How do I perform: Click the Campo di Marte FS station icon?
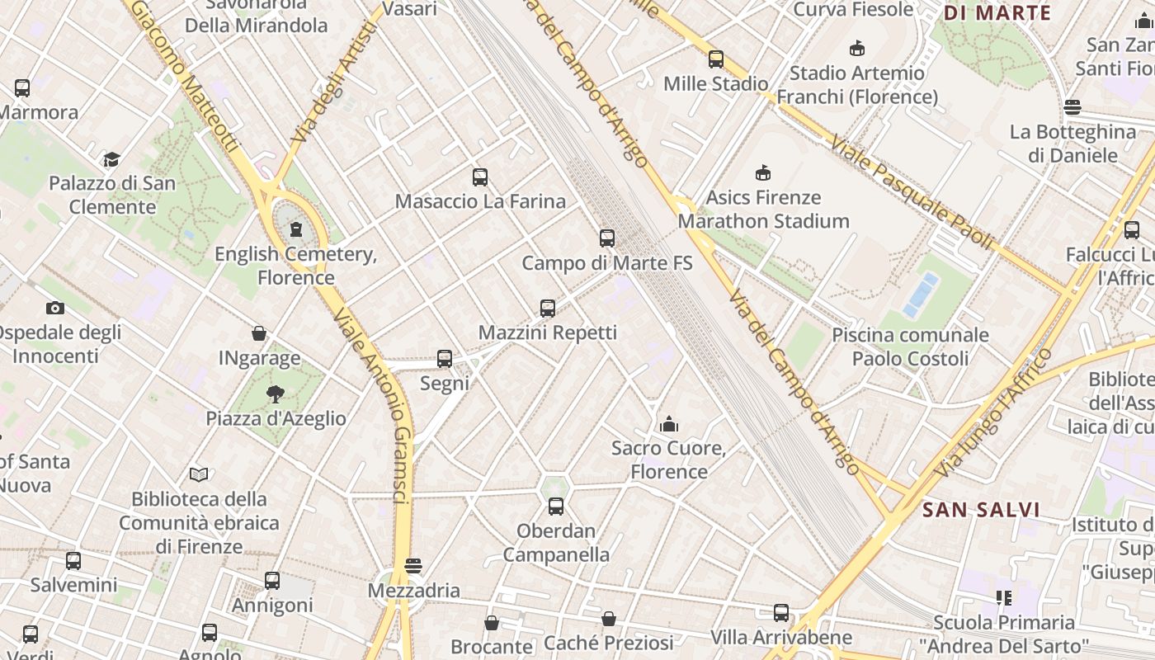[x=607, y=238]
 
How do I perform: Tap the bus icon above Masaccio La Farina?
[x=480, y=177]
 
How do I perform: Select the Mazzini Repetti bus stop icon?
[x=548, y=309]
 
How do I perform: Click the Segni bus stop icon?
[x=445, y=359]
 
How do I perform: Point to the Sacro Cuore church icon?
[x=669, y=424]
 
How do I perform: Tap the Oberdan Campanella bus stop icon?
[x=556, y=507]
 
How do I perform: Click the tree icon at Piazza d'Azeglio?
[x=276, y=394]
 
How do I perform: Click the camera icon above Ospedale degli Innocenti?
[x=55, y=309]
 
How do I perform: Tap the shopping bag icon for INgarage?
[x=259, y=333]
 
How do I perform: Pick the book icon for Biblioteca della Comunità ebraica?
[x=199, y=474]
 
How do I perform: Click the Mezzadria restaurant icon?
[x=413, y=566]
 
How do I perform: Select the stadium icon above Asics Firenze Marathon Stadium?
[x=763, y=173]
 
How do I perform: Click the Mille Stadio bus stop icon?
[x=716, y=59]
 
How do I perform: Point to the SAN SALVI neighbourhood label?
[x=981, y=510]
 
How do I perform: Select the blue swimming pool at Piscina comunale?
[x=921, y=295]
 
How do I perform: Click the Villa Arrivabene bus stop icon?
[x=781, y=613]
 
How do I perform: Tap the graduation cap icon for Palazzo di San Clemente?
[x=111, y=159]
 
